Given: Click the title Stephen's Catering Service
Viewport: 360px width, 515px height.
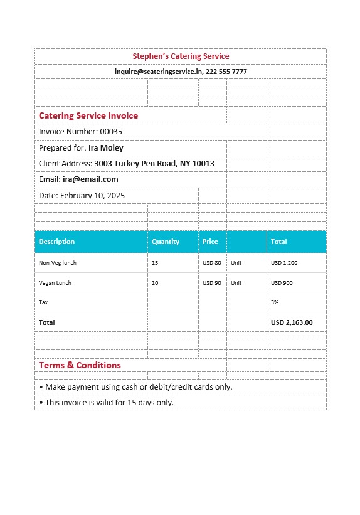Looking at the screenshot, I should pyautogui.click(x=181, y=56).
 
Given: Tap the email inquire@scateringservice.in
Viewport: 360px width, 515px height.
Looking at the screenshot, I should pyautogui.click(x=158, y=72).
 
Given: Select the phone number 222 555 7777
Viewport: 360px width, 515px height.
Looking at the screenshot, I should pyautogui.click(x=226, y=72).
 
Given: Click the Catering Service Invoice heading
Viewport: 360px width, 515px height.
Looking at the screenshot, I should pyautogui.click(x=88, y=115).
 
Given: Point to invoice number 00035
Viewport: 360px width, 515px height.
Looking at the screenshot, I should pyautogui.click(x=111, y=132).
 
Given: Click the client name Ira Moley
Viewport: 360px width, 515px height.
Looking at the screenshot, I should pyautogui.click(x=106, y=148).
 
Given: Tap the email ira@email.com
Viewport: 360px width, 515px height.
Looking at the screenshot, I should pyautogui.click(x=90, y=179).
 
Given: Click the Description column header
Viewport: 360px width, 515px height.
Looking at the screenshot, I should pyautogui.click(x=56, y=242).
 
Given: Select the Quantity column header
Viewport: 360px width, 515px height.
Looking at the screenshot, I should pyautogui.click(x=166, y=242).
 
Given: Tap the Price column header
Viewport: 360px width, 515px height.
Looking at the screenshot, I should pyautogui.click(x=210, y=242).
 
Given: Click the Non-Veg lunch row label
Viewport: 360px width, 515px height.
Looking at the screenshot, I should pyautogui.click(x=58, y=263).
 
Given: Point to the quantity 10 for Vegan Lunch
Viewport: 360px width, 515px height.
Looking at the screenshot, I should pyautogui.click(x=155, y=283).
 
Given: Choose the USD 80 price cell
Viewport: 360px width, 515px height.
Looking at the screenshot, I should pyautogui.click(x=212, y=263).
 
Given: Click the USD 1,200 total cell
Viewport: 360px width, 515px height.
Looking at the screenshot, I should pyautogui.click(x=284, y=263).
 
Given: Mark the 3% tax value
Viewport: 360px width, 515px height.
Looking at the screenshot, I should pyautogui.click(x=275, y=302).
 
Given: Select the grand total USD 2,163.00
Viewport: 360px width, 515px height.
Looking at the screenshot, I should pyautogui.click(x=292, y=322).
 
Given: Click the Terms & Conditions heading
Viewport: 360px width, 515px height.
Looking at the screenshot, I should pyautogui.click(x=80, y=365).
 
